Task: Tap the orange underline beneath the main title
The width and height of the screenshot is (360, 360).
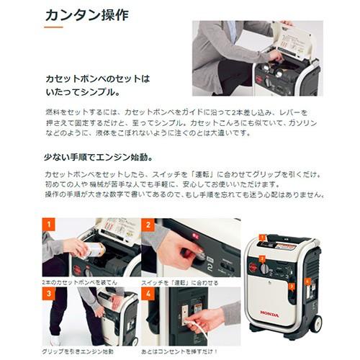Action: point(53,27)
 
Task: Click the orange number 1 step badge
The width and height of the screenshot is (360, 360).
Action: point(48,225)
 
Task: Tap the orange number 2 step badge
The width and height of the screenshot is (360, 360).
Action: point(147,225)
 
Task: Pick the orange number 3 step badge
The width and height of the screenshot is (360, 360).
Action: point(48,293)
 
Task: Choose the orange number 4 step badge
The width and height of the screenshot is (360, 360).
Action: point(147,293)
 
